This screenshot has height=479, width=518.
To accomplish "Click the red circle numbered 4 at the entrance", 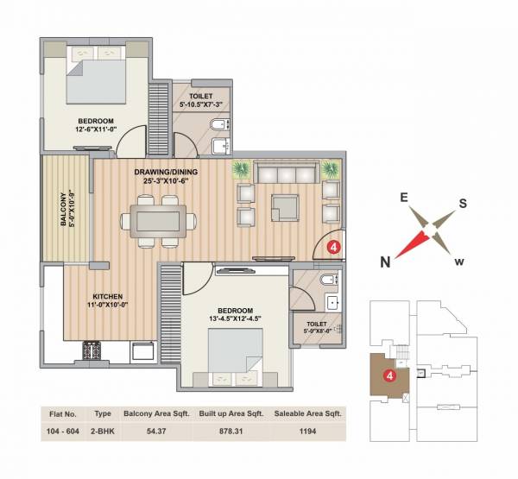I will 335,246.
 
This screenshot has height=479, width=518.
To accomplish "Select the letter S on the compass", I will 462,204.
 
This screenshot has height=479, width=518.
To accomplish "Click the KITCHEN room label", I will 91,294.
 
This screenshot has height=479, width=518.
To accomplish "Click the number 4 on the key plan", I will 390,375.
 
